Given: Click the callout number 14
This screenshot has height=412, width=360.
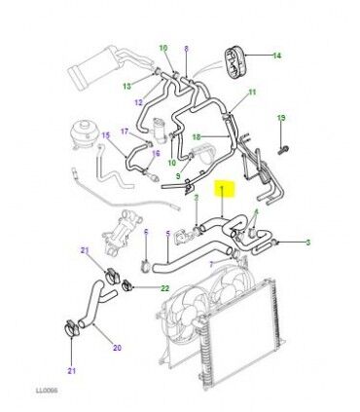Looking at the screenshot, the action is click(x=276, y=56).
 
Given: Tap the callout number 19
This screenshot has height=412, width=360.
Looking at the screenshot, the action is click(x=281, y=118).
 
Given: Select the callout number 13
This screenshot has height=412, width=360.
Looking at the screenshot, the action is click(x=127, y=86).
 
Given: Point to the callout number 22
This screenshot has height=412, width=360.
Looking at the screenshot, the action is click(x=165, y=288).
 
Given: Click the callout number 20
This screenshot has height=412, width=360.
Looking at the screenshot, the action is click(x=118, y=348).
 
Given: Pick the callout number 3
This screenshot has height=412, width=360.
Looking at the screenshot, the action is click(x=308, y=243).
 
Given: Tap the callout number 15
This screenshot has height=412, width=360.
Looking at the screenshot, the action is click(x=106, y=135).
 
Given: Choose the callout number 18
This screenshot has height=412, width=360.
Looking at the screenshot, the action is click(x=197, y=137).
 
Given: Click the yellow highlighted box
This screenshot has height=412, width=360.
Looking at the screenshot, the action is click(x=223, y=189).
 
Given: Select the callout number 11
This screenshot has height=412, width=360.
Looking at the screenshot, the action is click(x=252, y=93).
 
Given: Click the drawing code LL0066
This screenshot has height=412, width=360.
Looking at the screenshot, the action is click(x=47, y=391).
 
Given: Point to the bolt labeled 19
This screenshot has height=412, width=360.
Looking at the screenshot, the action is click(x=283, y=150).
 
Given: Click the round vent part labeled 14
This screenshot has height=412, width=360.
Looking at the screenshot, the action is click(x=236, y=63).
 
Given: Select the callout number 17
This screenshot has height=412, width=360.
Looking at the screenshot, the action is click(x=125, y=131).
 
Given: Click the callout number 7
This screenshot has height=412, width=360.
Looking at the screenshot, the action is click(x=211, y=265).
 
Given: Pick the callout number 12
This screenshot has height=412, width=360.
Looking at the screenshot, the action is click(x=138, y=102).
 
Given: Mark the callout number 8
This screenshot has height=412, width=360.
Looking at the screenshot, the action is click(x=186, y=49).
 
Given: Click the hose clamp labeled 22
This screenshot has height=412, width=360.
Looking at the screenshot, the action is click(x=126, y=286).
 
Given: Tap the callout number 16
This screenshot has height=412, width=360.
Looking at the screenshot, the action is click(x=156, y=153).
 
